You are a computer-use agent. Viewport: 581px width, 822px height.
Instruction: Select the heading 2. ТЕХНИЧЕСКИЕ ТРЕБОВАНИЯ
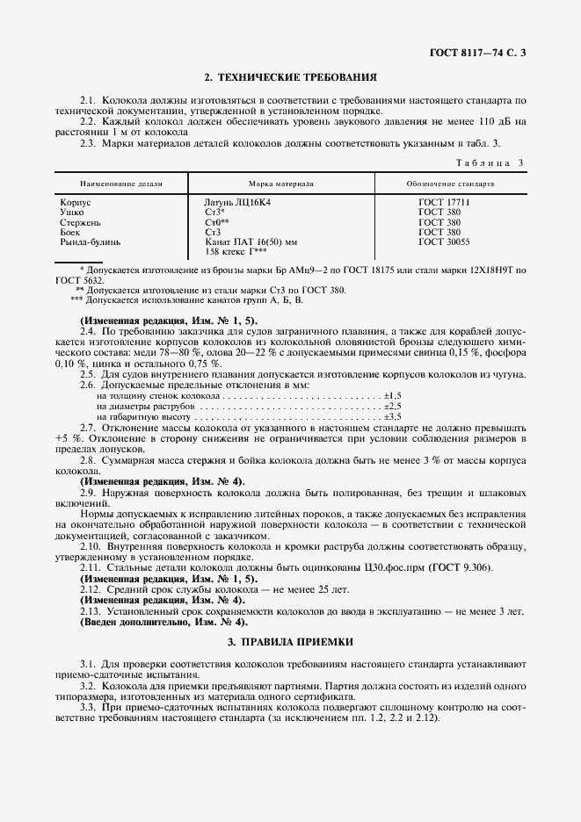[x=290, y=77]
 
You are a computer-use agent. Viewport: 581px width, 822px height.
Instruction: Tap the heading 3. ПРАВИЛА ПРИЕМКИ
[x=290, y=642]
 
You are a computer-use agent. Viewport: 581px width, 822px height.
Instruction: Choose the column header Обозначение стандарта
[x=450, y=184]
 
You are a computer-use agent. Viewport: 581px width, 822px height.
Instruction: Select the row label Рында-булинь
[x=90, y=241]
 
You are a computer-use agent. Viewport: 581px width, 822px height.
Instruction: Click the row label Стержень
[x=78, y=222]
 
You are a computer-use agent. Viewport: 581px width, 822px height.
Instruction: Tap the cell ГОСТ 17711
[x=444, y=203]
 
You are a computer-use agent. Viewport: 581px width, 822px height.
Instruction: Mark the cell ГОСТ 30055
[x=444, y=241]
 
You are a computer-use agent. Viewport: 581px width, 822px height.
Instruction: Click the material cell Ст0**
[x=216, y=222]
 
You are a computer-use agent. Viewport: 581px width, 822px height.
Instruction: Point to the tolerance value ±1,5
[x=392, y=396]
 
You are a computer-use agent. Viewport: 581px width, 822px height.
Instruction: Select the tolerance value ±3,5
[x=392, y=415]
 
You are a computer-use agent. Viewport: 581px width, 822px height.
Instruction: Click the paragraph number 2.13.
[x=91, y=610]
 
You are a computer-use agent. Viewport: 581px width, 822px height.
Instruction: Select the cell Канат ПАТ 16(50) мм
[x=251, y=241]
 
